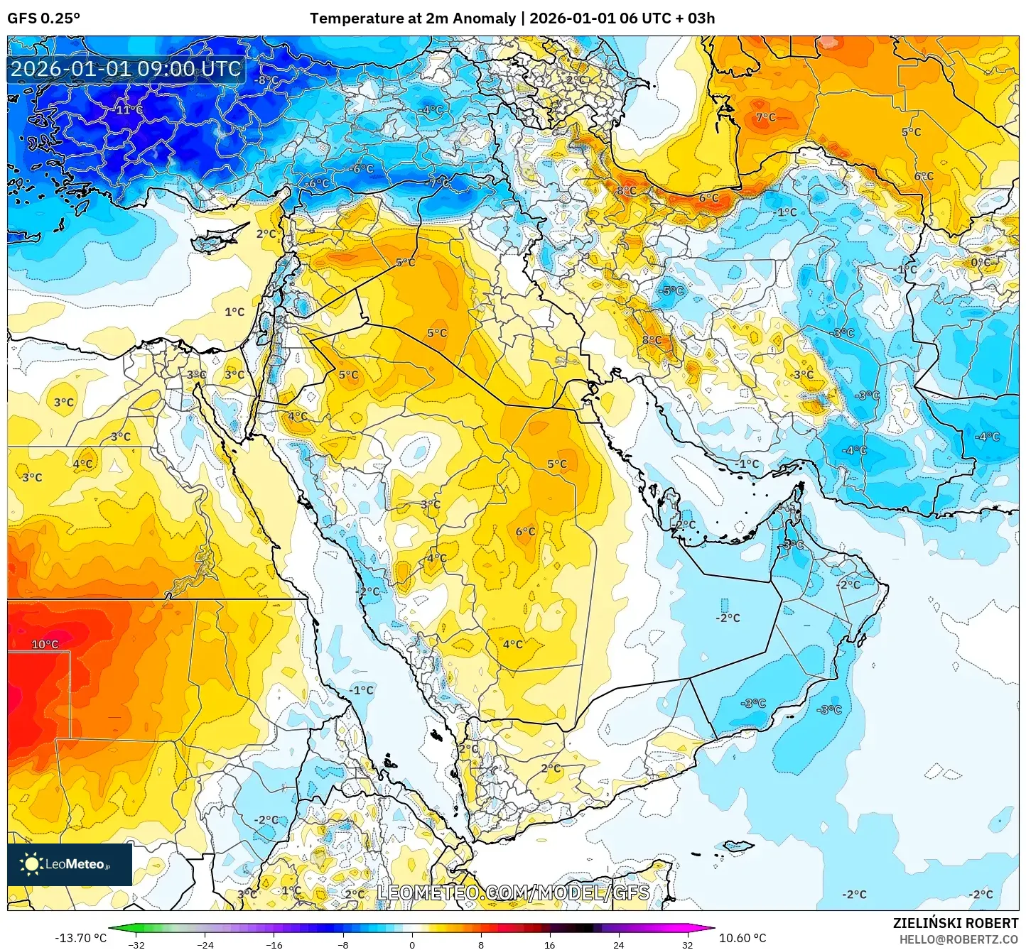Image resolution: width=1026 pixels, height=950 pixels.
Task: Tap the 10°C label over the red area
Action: (x=45, y=645)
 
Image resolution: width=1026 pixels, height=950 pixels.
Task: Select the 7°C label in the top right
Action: (x=765, y=118)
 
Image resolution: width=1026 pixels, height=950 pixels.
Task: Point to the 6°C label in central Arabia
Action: (x=525, y=532)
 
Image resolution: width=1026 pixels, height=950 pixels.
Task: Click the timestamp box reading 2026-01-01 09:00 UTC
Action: (x=126, y=69)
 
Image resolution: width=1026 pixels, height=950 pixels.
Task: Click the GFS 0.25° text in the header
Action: (x=43, y=18)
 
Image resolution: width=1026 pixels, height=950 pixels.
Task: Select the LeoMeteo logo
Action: (x=70, y=864)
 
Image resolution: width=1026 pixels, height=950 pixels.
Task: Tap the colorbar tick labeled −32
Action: (x=136, y=944)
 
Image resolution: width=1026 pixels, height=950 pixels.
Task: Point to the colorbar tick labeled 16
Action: (x=549, y=944)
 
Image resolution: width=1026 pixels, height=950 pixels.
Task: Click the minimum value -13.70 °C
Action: (x=80, y=938)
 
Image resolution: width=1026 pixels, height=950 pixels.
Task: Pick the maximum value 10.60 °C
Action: (x=742, y=938)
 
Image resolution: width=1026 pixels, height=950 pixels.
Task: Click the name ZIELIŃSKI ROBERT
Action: (x=956, y=923)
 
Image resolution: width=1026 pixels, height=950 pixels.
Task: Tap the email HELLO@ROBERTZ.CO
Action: (x=958, y=939)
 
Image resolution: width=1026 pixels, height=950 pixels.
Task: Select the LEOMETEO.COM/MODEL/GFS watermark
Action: (x=513, y=892)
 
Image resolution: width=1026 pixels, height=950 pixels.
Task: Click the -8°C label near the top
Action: (x=266, y=81)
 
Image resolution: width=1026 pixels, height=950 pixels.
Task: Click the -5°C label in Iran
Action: (x=671, y=291)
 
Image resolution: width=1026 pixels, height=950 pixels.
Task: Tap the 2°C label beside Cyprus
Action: (x=266, y=234)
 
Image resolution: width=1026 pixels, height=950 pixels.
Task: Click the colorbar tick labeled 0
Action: (x=411, y=944)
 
